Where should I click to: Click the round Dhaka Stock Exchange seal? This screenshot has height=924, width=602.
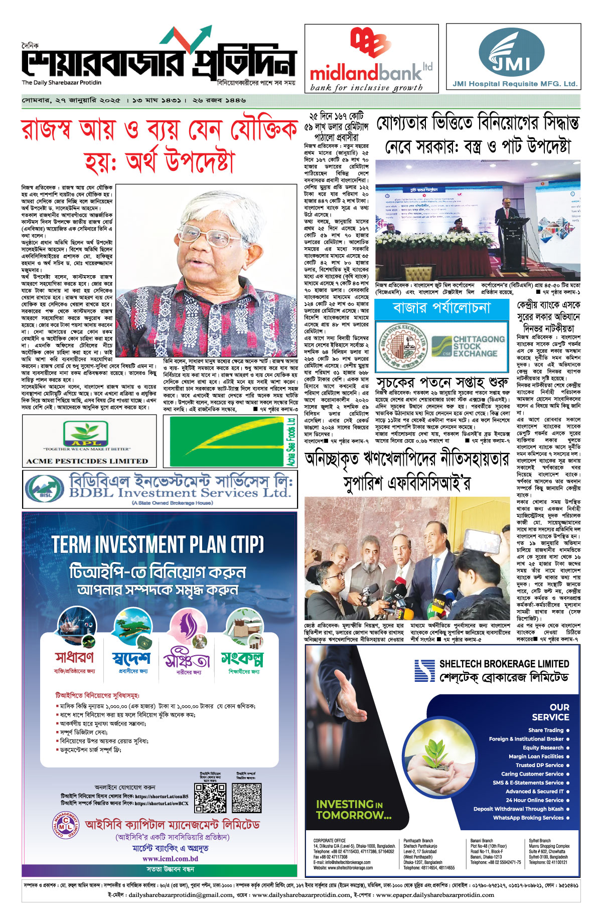400,346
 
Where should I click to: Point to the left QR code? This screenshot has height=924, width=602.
210,798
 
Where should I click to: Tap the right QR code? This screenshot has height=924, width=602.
246,798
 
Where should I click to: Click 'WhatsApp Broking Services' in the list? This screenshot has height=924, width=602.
528,818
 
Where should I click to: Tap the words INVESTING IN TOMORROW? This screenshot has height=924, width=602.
354,809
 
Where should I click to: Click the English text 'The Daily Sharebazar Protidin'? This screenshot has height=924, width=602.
61,83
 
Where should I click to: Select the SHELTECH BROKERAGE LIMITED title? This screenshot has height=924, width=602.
504,664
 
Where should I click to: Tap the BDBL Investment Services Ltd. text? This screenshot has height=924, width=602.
180,492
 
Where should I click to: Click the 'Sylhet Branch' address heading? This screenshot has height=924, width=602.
539,841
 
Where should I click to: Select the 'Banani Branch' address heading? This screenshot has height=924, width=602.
481,841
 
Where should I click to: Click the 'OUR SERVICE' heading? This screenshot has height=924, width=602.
550,712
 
